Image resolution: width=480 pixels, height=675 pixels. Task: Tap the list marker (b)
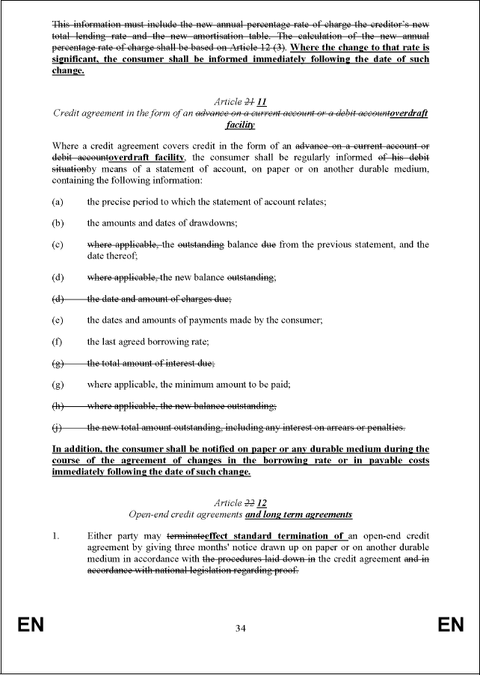coord(57,223)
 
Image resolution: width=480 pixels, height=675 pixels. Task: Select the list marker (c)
coord(57,244)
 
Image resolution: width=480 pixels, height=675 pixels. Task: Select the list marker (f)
coord(57,341)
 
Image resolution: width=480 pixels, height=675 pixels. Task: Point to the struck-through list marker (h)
coord(58,406)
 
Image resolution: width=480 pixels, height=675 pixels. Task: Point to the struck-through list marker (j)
coord(57,428)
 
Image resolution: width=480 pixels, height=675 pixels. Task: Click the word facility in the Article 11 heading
coord(241,125)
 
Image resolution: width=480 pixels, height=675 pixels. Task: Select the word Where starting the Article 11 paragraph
coord(67,145)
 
